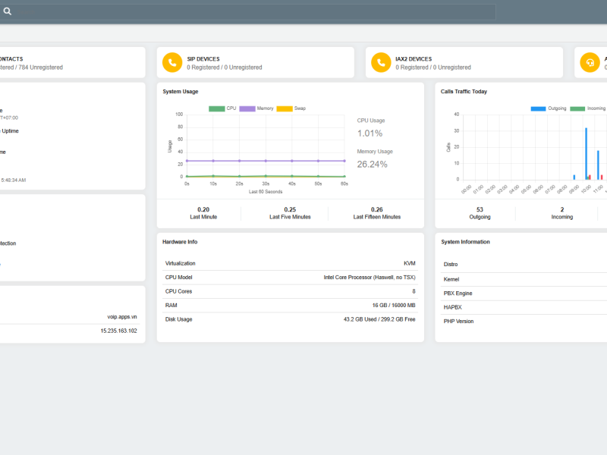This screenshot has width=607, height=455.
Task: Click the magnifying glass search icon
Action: coord(8,11)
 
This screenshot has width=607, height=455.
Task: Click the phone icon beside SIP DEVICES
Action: coord(172,62)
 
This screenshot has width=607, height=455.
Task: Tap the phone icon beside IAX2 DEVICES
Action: coord(381,62)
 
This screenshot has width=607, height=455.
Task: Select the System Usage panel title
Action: coord(181,92)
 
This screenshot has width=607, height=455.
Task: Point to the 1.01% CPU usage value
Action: coord(370,133)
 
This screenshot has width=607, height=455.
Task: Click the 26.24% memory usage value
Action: coord(372,164)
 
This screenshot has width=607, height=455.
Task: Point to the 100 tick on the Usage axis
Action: coord(179,115)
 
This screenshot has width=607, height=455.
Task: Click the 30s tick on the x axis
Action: coord(266,184)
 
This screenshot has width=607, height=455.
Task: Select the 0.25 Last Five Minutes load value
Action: coord(290,209)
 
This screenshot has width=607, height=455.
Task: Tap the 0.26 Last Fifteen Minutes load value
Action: coord(376,209)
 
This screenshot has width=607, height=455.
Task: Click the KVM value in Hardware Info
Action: coord(409,263)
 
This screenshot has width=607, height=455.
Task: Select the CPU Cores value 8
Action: coord(414,291)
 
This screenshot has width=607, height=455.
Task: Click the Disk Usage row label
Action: coord(179,319)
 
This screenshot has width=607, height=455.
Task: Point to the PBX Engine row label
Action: coord(458,293)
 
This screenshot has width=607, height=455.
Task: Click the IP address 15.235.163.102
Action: coord(118,331)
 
